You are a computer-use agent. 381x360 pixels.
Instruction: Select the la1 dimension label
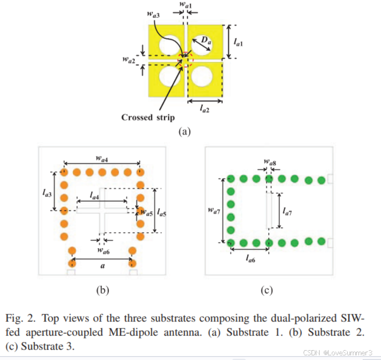(x=238, y=43)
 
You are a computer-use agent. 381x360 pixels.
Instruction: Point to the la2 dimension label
(x=205, y=108)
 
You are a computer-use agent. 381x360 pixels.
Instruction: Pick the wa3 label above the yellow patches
(x=153, y=15)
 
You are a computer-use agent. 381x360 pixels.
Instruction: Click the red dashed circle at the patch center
(x=186, y=59)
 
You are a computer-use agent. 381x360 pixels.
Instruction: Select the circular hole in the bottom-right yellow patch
(x=202, y=77)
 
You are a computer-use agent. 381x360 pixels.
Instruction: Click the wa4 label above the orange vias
(x=102, y=159)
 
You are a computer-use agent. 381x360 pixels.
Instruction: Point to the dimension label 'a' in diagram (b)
(x=103, y=266)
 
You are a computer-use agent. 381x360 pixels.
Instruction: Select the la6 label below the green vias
(x=250, y=259)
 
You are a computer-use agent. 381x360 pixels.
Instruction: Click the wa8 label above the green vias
(x=270, y=162)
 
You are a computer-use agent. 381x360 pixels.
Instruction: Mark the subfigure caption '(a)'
(x=184, y=132)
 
